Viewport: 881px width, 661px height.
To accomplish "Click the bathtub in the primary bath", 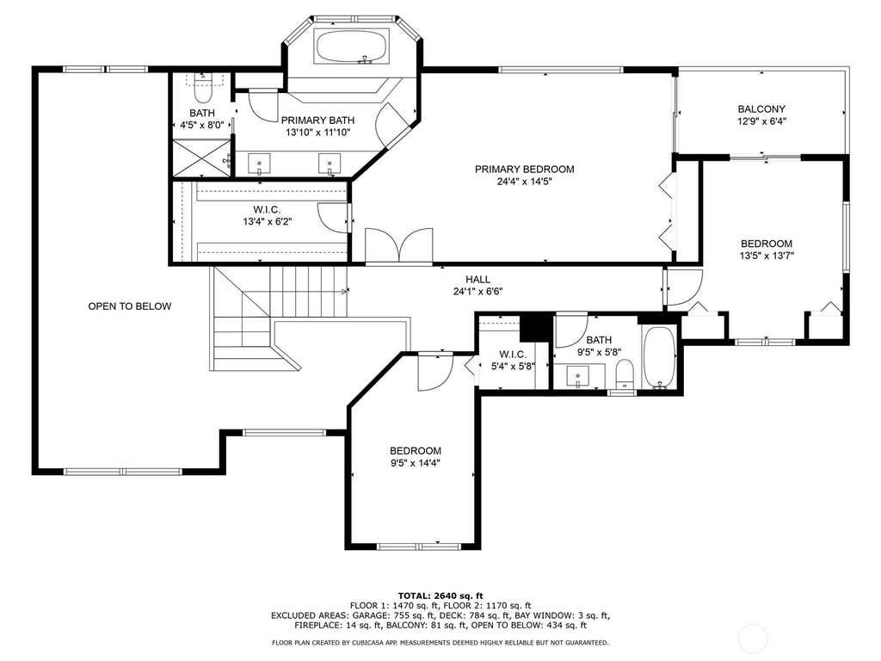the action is coord(352,46).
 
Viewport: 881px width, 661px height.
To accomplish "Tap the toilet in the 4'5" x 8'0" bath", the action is coord(203,87).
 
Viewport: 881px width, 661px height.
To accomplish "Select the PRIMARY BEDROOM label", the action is coord(524,170).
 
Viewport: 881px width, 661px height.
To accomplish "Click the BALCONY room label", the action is coord(761,109).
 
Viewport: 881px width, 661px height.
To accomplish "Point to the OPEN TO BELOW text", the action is coord(130,306).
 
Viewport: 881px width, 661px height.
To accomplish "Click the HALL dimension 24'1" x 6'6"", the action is coord(477,292).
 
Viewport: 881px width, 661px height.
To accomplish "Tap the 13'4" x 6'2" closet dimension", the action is coord(268,222).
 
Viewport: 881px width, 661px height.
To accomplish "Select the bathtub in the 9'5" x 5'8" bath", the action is coord(659,357).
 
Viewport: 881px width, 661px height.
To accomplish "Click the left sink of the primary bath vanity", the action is coord(260,164).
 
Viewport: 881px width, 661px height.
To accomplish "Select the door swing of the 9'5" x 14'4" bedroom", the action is coord(435,371).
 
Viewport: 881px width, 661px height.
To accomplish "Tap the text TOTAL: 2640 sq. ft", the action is coord(440,596).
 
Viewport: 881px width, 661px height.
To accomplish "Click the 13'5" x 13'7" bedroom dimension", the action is coord(767,256).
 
